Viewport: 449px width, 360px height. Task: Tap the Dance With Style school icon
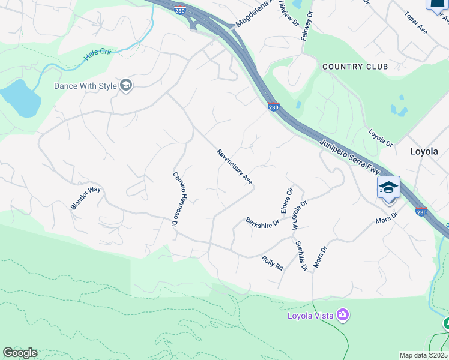tap(125, 86)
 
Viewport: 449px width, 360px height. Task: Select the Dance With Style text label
tap(85, 86)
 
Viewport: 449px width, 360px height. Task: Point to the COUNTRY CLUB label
tap(355, 67)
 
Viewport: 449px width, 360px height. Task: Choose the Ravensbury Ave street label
tap(235, 167)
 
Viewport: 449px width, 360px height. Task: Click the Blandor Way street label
tap(86, 198)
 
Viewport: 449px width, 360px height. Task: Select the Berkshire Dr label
tap(263, 221)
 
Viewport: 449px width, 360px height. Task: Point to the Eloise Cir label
tap(286, 200)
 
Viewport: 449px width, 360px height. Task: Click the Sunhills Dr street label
tap(301, 254)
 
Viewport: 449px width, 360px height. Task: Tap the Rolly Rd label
tap(272, 263)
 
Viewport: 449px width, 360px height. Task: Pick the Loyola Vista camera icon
tap(343, 314)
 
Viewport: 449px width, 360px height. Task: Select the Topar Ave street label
tap(415, 22)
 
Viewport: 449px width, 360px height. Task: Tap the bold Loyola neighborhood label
tap(424, 151)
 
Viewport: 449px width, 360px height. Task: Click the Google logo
tap(20, 353)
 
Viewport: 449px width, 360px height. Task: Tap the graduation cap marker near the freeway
tap(388, 188)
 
